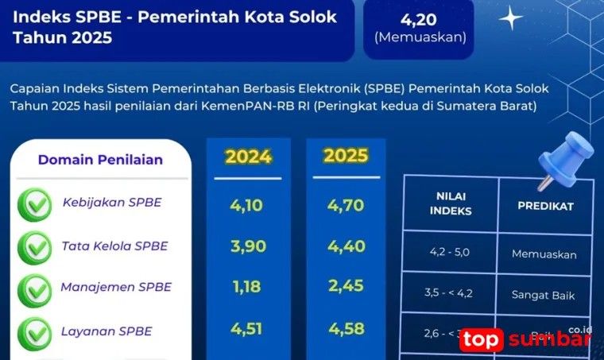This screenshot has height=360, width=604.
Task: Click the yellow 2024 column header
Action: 247,156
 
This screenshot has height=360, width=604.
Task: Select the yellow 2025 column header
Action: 345,156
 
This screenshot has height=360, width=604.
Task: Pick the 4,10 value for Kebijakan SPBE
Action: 247,207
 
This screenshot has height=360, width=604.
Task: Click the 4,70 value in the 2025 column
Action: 345,207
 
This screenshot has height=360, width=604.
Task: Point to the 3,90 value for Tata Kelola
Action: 247,247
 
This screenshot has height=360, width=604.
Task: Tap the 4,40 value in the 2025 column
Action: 345,247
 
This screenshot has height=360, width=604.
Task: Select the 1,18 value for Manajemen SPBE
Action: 247,288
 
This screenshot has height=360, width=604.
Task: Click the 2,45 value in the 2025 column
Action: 345,288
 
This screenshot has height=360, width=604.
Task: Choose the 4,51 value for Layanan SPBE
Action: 247,328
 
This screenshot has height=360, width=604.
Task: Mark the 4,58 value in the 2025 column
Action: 345,328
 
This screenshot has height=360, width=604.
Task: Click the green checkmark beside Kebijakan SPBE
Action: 34,206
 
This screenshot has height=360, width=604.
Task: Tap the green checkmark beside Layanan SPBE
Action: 34,332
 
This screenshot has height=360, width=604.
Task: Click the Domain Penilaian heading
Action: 100,160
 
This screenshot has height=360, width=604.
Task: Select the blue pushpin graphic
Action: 561,159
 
